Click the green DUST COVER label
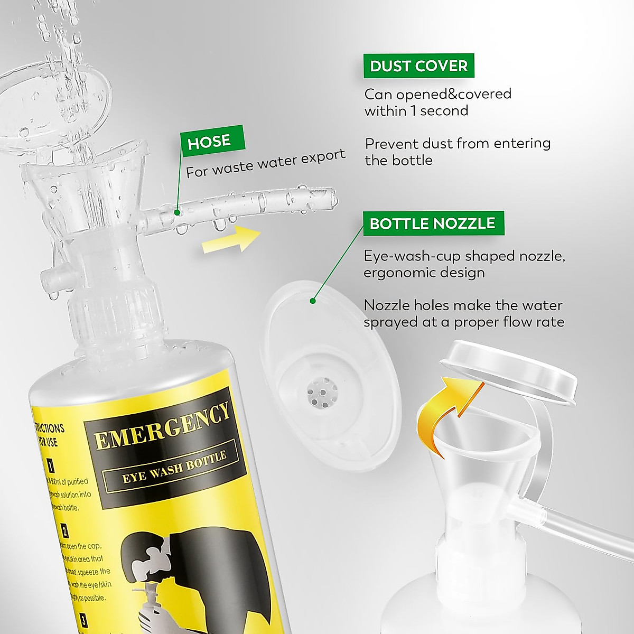tap(418, 66)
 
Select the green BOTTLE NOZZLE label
tap(433, 223)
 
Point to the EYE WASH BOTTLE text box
tap(174, 468)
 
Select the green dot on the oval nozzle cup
tap(312, 301)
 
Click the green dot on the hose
tap(178, 213)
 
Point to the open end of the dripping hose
tap(332, 197)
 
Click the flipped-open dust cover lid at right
tap(508, 372)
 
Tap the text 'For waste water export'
tap(266, 163)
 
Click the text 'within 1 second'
tap(416, 111)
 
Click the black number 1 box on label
tap(50, 465)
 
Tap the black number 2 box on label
tap(64, 530)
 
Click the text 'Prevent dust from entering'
tap(458, 144)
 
